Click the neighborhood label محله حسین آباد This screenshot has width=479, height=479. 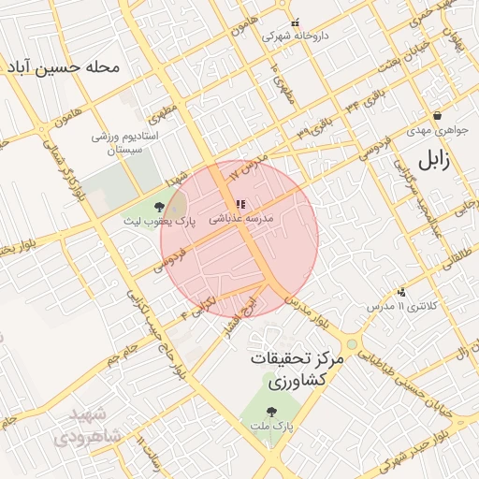click(x=64, y=68)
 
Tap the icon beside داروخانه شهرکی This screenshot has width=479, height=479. click(x=296, y=23)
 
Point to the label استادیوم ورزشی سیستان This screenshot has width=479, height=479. click(x=130, y=142)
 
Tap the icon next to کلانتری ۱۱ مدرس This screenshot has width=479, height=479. click(x=402, y=292)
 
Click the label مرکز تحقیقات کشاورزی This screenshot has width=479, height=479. click(x=298, y=370)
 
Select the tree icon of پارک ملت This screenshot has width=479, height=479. click(x=271, y=412)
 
